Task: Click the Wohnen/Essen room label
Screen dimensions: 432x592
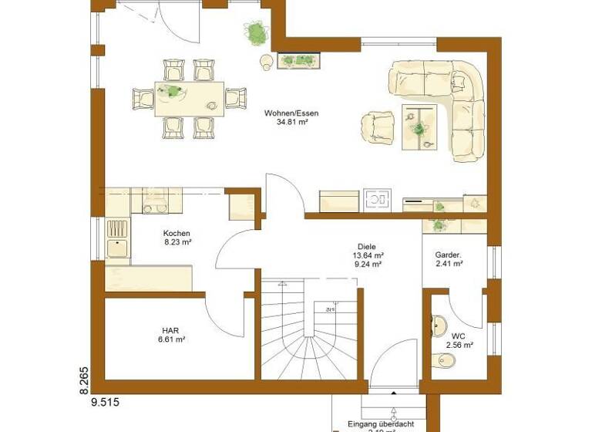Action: (291, 113)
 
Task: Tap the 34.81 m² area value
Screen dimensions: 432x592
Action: (291, 123)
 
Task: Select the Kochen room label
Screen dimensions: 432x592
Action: (177, 233)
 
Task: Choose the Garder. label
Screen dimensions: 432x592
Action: (448, 254)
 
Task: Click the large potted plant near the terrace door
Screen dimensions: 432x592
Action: (256, 33)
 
